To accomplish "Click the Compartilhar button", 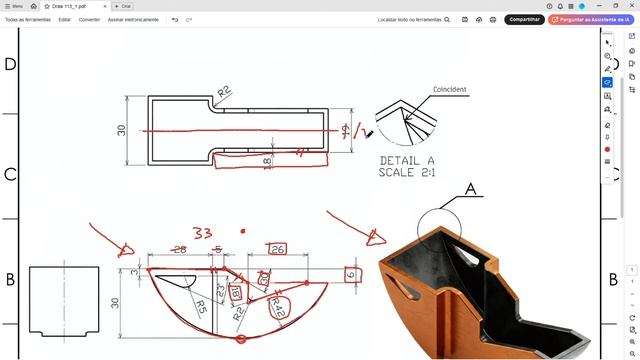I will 524,19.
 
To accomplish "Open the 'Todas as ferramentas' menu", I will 27,19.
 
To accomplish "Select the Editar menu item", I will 64,19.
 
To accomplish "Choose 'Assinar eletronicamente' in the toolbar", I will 132,19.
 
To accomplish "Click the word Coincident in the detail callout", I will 449,90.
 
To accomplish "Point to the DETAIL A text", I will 407,160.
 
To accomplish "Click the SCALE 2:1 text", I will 407,172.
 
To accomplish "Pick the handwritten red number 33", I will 203,232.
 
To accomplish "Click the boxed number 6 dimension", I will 350,274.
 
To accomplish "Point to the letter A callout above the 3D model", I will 470,188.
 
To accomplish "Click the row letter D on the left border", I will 10,65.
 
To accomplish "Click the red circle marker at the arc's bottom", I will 241,340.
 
